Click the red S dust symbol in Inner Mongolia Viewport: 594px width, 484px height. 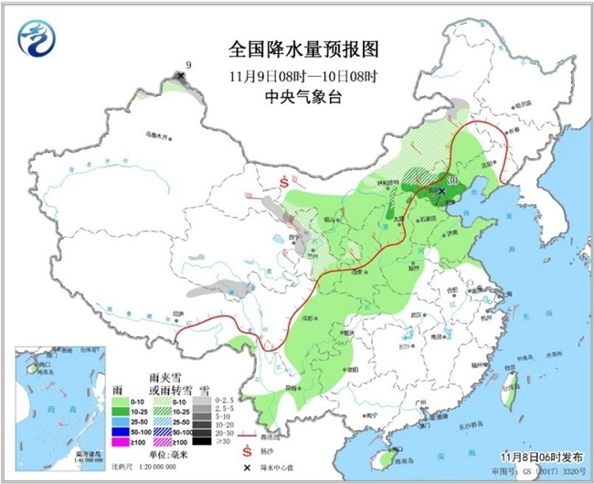pos(284,182)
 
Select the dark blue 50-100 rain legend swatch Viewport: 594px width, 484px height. pos(118,430)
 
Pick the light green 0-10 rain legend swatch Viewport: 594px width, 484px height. pos(118,400)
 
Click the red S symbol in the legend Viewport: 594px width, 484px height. pos(245,451)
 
